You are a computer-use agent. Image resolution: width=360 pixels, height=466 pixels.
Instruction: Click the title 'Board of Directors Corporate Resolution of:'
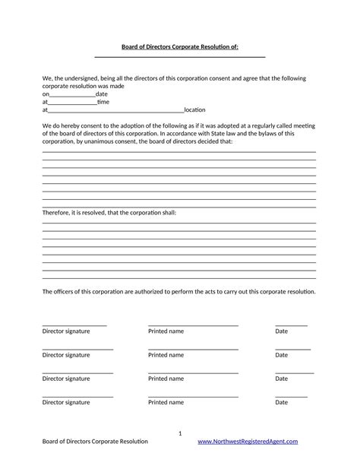coord(180,46)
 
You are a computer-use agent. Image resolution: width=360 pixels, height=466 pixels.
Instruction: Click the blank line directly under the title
coord(180,57)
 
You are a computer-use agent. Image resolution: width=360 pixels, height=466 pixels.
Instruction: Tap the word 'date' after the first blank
coord(102,94)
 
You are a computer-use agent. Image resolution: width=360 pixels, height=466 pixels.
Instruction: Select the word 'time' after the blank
coord(103,102)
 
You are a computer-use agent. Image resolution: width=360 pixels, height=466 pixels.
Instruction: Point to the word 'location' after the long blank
coord(194,110)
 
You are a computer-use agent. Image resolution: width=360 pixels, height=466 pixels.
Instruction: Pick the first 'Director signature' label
coord(66,331)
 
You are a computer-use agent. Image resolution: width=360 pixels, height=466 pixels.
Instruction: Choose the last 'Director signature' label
coord(66,402)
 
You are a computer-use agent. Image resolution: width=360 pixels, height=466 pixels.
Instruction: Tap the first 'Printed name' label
coord(166,331)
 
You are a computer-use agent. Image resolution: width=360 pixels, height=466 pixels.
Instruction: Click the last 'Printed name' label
coord(166,402)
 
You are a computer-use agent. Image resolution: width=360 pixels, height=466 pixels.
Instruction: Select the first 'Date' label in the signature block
coord(281,331)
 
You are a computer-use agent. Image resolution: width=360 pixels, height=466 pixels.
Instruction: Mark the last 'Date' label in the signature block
coord(281,402)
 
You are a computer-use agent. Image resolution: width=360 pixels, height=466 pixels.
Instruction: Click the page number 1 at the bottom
coord(180,433)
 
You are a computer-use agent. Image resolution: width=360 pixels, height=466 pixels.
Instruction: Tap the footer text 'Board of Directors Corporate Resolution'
coord(95,442)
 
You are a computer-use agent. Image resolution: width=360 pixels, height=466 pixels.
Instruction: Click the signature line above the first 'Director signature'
coord(74,325)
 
